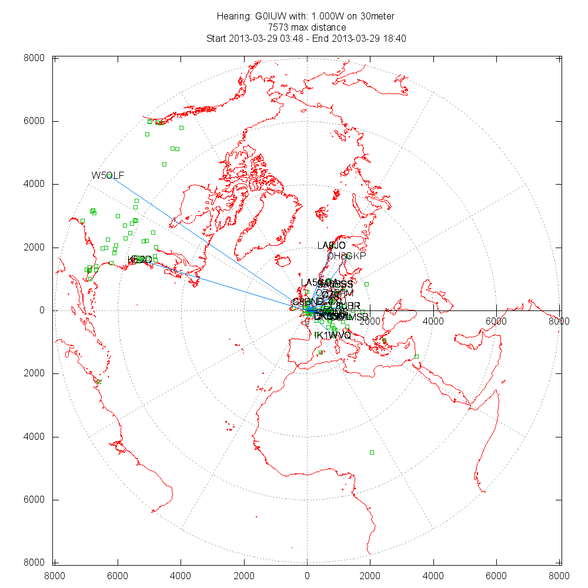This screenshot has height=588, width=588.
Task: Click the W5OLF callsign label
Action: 108,175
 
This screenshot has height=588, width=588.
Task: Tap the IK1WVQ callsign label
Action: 333,335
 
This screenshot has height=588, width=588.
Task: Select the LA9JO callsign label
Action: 331,245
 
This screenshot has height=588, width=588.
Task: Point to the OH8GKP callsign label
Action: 346,256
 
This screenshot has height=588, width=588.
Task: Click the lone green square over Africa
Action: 372,452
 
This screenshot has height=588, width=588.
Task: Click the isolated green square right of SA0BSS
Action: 366,285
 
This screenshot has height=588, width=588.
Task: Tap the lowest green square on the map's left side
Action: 99,382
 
